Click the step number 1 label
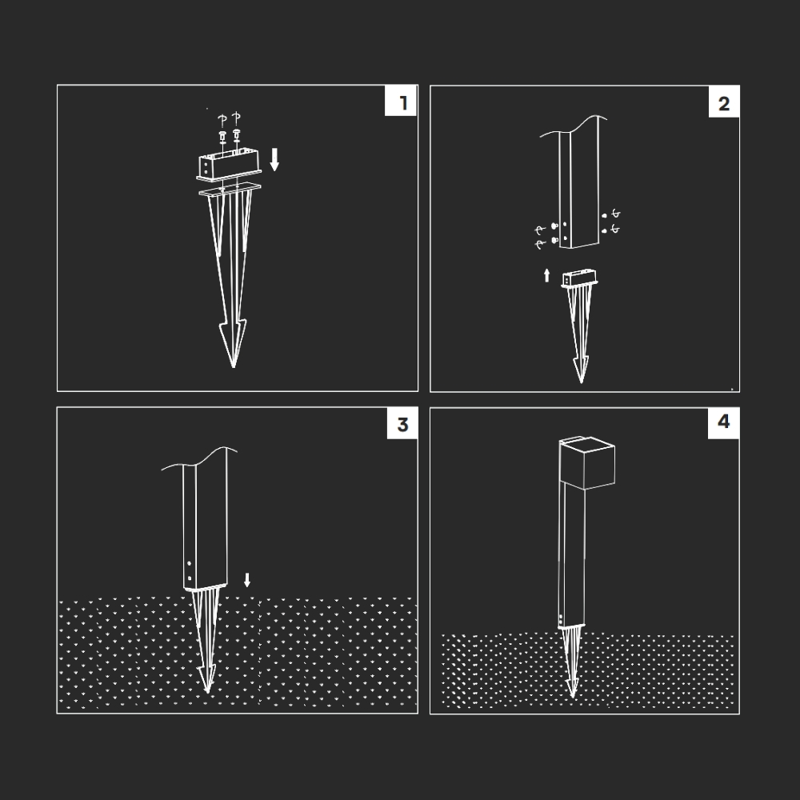(403, 103)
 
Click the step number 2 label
(723, 103)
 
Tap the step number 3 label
(402, 425)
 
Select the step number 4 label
(723, 422)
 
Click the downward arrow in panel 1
(274, 160)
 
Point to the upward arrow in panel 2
(547, 275)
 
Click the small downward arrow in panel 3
(247, 579)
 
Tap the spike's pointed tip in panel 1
(234, 367)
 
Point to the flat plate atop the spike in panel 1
(230, 189)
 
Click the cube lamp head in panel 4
(586, 463)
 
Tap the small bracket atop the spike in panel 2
(579, 279)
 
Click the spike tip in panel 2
(581, 381)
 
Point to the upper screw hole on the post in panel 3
(190, 563)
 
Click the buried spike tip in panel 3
(207, 691)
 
